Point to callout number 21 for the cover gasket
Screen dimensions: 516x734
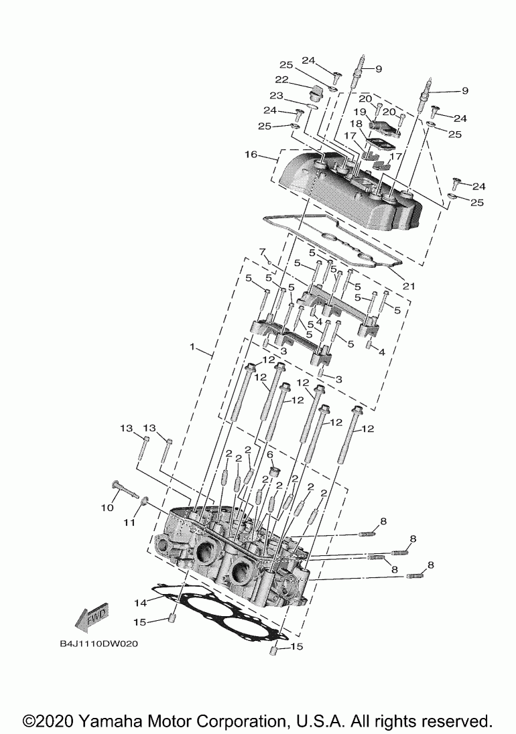coord(409,286)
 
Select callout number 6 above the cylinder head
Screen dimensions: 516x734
coord(271,455)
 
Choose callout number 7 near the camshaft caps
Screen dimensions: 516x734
coord(263,251)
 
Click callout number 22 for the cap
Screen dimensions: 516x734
coord(281,80)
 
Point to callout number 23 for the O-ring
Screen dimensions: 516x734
coord(277,96)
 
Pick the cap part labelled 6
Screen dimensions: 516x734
coord(273,476)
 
